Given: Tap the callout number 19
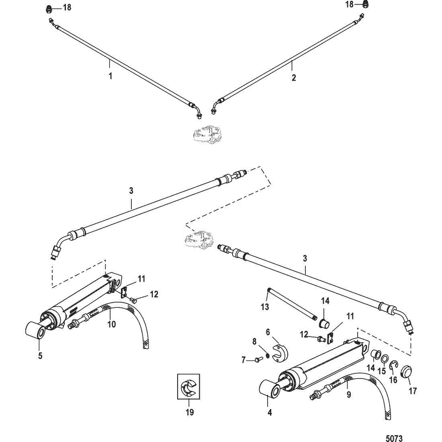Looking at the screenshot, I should pyautogui.click(x=189, y=412).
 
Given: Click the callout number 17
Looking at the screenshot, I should pyautogui.click(x=413, y=390).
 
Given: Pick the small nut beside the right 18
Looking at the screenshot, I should pyautogui.click(x=366, y=5).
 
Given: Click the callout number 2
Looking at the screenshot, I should pyautogui.click(x=294, y=78).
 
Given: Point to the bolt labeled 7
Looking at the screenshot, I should pyautogui.click(x=258, y=360).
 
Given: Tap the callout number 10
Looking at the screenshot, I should pyautogui.click(x=111, y=323).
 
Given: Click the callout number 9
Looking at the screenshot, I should pyautogui.click(x=348, y=395).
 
